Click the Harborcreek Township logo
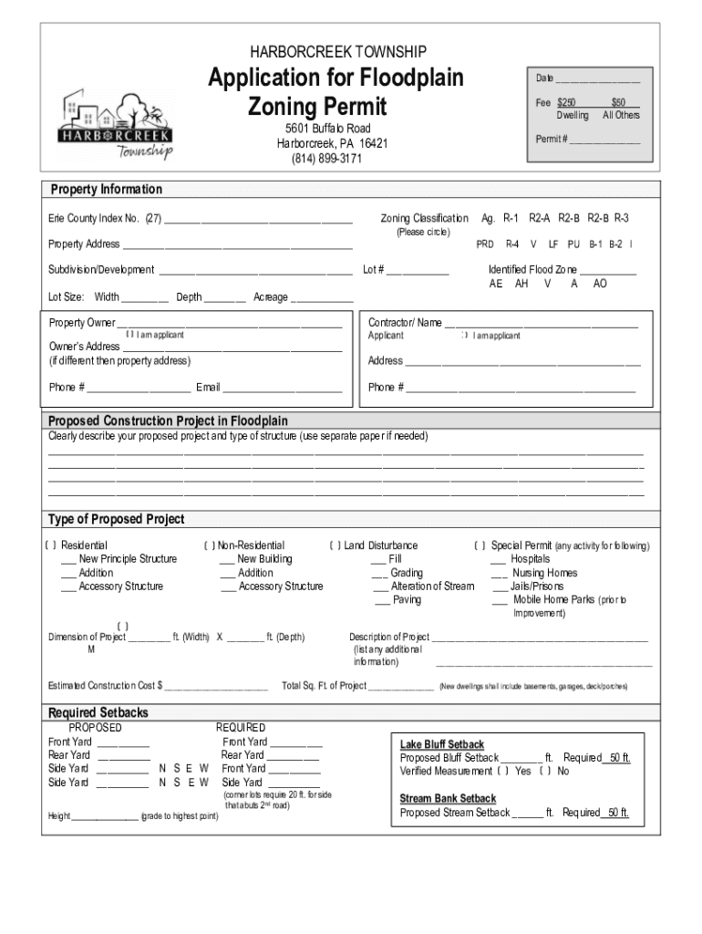pos(115,124)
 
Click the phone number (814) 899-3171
pos(326,159)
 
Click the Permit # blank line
pos(604,140)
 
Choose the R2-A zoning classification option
pos(540,219)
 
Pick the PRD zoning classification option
pos(485,244)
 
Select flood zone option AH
pos(521,284)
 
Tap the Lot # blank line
pos(418,271)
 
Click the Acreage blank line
pos(322,298)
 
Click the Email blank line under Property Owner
pos(283,389)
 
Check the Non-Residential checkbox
pos(211,546)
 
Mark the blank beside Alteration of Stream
pos(380,586)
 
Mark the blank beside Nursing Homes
pos(499,574)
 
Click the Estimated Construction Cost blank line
pos(216,687)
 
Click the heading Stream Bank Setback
pos(448,799)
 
